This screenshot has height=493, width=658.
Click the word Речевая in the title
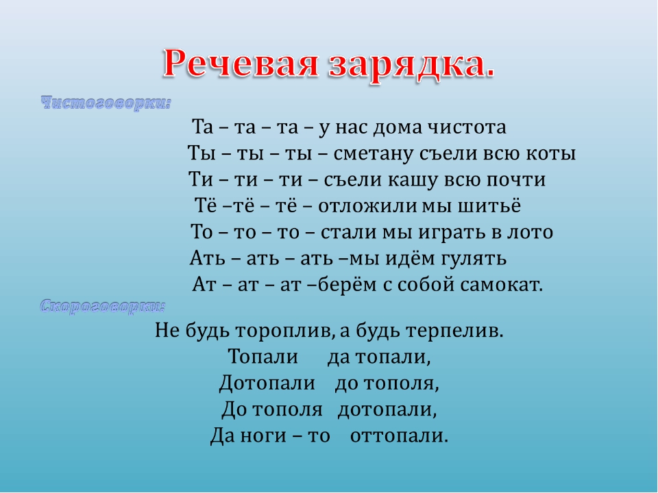pyautogui.click(x=240, y=63)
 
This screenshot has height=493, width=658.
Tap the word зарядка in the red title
pyautogui.click(x=405, y=66)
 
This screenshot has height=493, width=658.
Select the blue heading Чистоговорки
pyautogui.click(x=106, y=103)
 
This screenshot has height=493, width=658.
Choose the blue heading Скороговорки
pyautogui.click(x=103, y=307)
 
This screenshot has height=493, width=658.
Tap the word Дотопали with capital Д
pyautogui.click(x=267, y=383)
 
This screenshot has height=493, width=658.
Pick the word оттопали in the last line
pyautogui.click(x=399, y=436)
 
